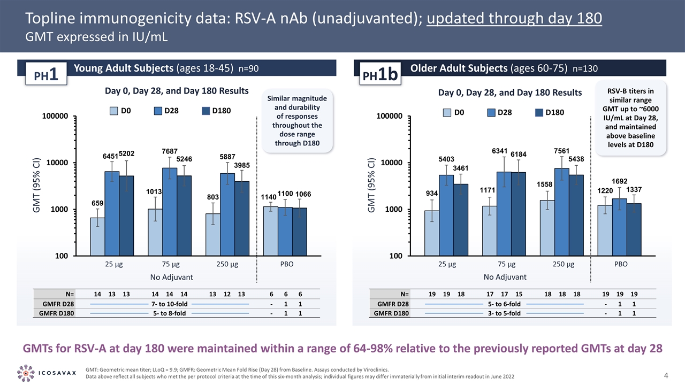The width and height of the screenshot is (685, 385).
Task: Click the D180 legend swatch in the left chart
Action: point(206,111)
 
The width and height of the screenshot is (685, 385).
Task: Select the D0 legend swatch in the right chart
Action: point(447,112)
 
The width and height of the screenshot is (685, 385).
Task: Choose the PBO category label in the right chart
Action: point(620,264)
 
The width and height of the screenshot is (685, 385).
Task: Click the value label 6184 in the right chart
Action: point(519,155)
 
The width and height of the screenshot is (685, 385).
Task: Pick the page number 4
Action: point(666,372)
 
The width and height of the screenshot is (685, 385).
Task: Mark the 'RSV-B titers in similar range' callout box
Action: point(633,118)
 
